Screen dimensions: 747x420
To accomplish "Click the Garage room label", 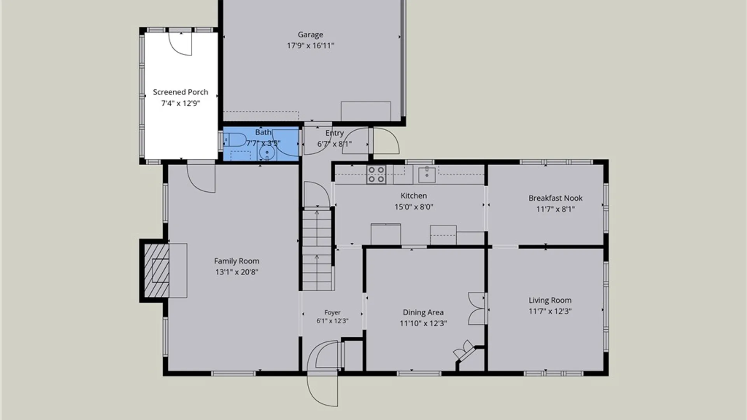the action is (310, 35).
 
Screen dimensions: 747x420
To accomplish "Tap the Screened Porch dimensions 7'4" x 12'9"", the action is (181, 103).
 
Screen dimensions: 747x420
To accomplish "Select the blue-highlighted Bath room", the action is (261, 143).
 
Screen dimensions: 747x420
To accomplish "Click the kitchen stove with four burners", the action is (376, 175).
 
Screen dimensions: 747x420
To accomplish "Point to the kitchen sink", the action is (427, 174).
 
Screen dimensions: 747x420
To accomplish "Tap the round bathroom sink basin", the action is (267, 152).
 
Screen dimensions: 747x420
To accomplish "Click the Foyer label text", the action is (332, 312).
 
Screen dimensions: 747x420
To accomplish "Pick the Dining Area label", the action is (423, 312).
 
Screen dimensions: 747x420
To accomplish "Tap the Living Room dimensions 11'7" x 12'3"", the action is (550, 311).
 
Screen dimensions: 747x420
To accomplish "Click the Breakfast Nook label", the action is (556, 198).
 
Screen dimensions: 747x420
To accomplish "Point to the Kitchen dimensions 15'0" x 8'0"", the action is (414, 207).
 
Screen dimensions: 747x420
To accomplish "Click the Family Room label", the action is (237, 261).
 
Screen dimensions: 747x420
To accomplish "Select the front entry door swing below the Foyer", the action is (322, 389).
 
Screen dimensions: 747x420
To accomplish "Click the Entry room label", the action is (335, 133).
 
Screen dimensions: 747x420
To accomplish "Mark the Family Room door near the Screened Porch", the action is (201, 178).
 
